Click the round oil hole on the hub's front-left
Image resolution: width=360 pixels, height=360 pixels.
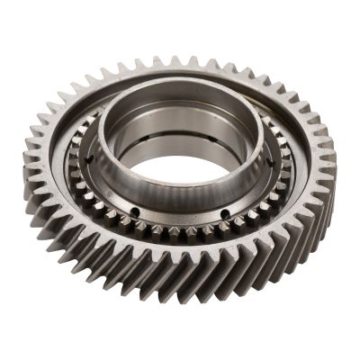136,212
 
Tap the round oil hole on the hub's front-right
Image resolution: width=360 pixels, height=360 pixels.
222,212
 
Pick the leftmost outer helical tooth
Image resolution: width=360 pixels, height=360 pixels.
28,171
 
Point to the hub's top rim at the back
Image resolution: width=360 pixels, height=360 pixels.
180,83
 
